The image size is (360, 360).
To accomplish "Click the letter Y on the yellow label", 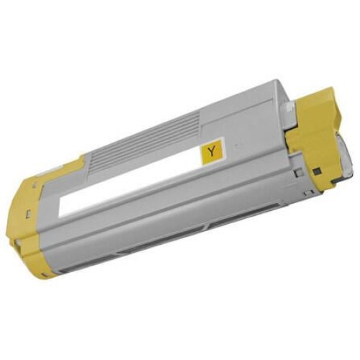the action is click(211, 151).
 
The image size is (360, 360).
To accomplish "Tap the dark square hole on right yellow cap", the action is click(317, 171).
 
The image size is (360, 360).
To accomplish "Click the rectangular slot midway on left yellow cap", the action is click(28, 212).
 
